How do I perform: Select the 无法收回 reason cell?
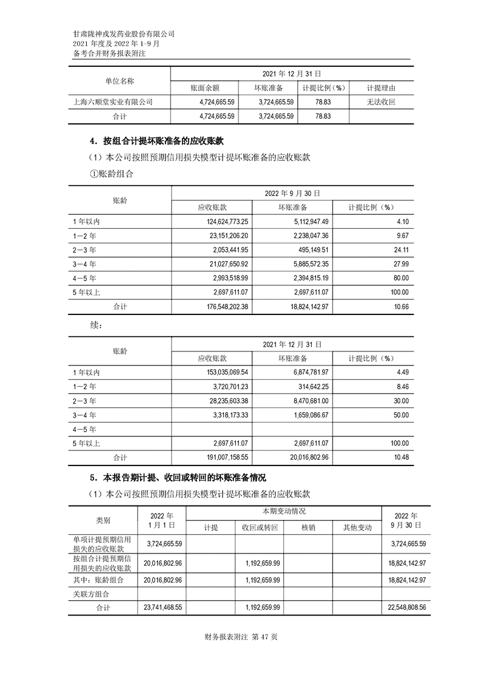[381, 103]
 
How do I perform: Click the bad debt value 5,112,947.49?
[303, 221]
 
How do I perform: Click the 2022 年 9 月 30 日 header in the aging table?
[292, 193]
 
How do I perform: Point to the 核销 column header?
[308, 528]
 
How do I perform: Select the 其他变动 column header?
[357, 528]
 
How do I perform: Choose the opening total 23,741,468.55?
[162, 607]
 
